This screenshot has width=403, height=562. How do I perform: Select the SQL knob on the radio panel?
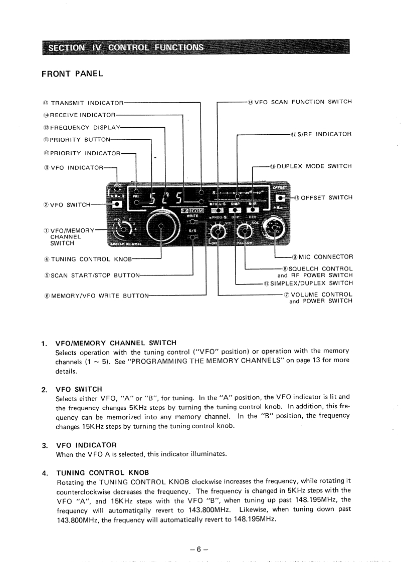point(245,231)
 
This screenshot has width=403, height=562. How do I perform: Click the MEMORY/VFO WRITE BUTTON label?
point(95,296)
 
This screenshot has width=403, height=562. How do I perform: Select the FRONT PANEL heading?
point(72,74)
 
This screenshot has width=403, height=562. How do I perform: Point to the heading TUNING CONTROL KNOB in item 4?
point(102,472)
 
